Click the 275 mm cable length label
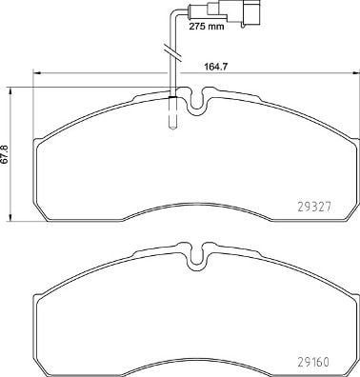tap(207, 26)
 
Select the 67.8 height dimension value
tap(5, 154)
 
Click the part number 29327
tap(314, 208)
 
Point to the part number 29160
tap(313, 362)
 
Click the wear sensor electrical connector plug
tap(234, 12)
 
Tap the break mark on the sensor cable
tap(171, 51)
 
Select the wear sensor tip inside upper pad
tap(171, 112)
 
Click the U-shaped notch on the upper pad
tap(197, 102)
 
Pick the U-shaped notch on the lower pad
tap(197, 258)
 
